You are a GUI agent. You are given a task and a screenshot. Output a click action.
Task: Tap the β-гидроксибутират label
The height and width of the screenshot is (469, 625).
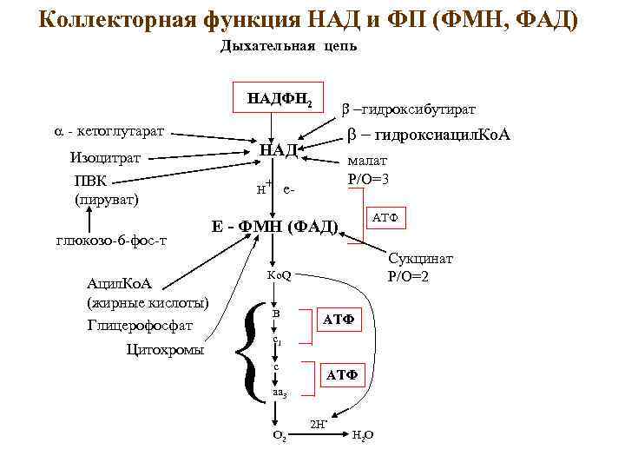point(405,109)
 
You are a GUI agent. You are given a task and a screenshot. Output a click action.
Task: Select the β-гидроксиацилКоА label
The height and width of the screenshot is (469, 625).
point(429,136)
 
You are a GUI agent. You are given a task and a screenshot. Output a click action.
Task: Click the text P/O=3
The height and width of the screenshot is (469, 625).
point(368,179)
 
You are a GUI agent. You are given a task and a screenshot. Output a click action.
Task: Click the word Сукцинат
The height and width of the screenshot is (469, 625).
point(421,260)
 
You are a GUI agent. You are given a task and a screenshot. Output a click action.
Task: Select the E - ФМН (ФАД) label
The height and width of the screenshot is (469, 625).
point(275,228)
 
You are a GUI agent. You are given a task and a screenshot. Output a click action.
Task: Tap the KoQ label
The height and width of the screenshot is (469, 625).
point(280,276)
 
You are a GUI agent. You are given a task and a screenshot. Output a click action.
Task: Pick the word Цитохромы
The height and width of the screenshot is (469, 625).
point(166,350)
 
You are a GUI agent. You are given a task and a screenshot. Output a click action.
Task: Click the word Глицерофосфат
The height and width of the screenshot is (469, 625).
point(140,326)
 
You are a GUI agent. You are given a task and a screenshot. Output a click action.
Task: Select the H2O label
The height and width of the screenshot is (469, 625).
point(363,434)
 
